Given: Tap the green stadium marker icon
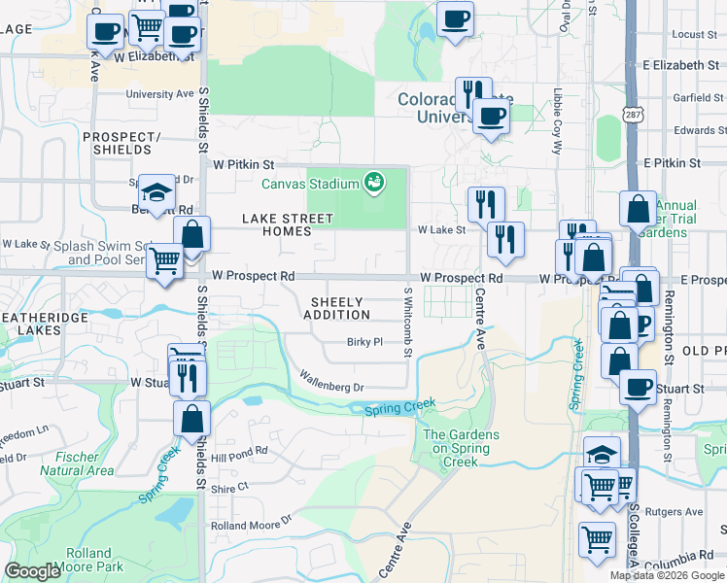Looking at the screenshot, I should pyautogui.click(x=372, y=182).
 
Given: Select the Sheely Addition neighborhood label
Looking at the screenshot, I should pyautogui.click(x=336, y=308).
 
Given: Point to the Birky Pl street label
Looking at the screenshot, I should pyautogui.click(x=365, y=342).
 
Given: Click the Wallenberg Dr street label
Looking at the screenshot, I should pyautogui.click(x=330, y=380).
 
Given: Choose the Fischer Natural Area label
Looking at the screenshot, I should pyautogui.click(x=77, y=464).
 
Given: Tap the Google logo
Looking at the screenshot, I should pyautogui.click(x=33, y=571).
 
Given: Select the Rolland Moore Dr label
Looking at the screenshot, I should pyautogui.click(x=252, y=524).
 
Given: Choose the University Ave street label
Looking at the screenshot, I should pyautogui.click(x=160, y=95).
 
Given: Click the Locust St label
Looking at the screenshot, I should pyautogui.click(x=693, y=34).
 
